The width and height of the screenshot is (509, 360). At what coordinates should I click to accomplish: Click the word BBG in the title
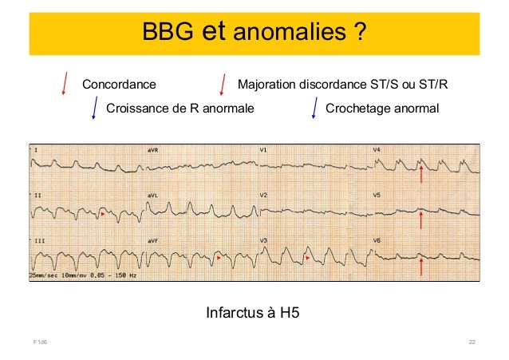(x=168, y=32)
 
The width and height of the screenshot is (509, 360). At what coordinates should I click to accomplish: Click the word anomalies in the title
(x=292, y=32)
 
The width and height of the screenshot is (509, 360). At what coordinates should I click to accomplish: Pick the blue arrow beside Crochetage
(x=314, y=107)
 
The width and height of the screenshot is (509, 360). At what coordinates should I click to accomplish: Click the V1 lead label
(x=264, y=149)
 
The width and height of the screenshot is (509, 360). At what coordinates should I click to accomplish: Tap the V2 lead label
(x=264, y=195)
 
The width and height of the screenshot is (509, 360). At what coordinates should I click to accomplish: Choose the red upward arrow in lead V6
(x=422, y=265)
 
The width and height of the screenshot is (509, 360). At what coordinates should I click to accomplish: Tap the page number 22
(x=472, y=342)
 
